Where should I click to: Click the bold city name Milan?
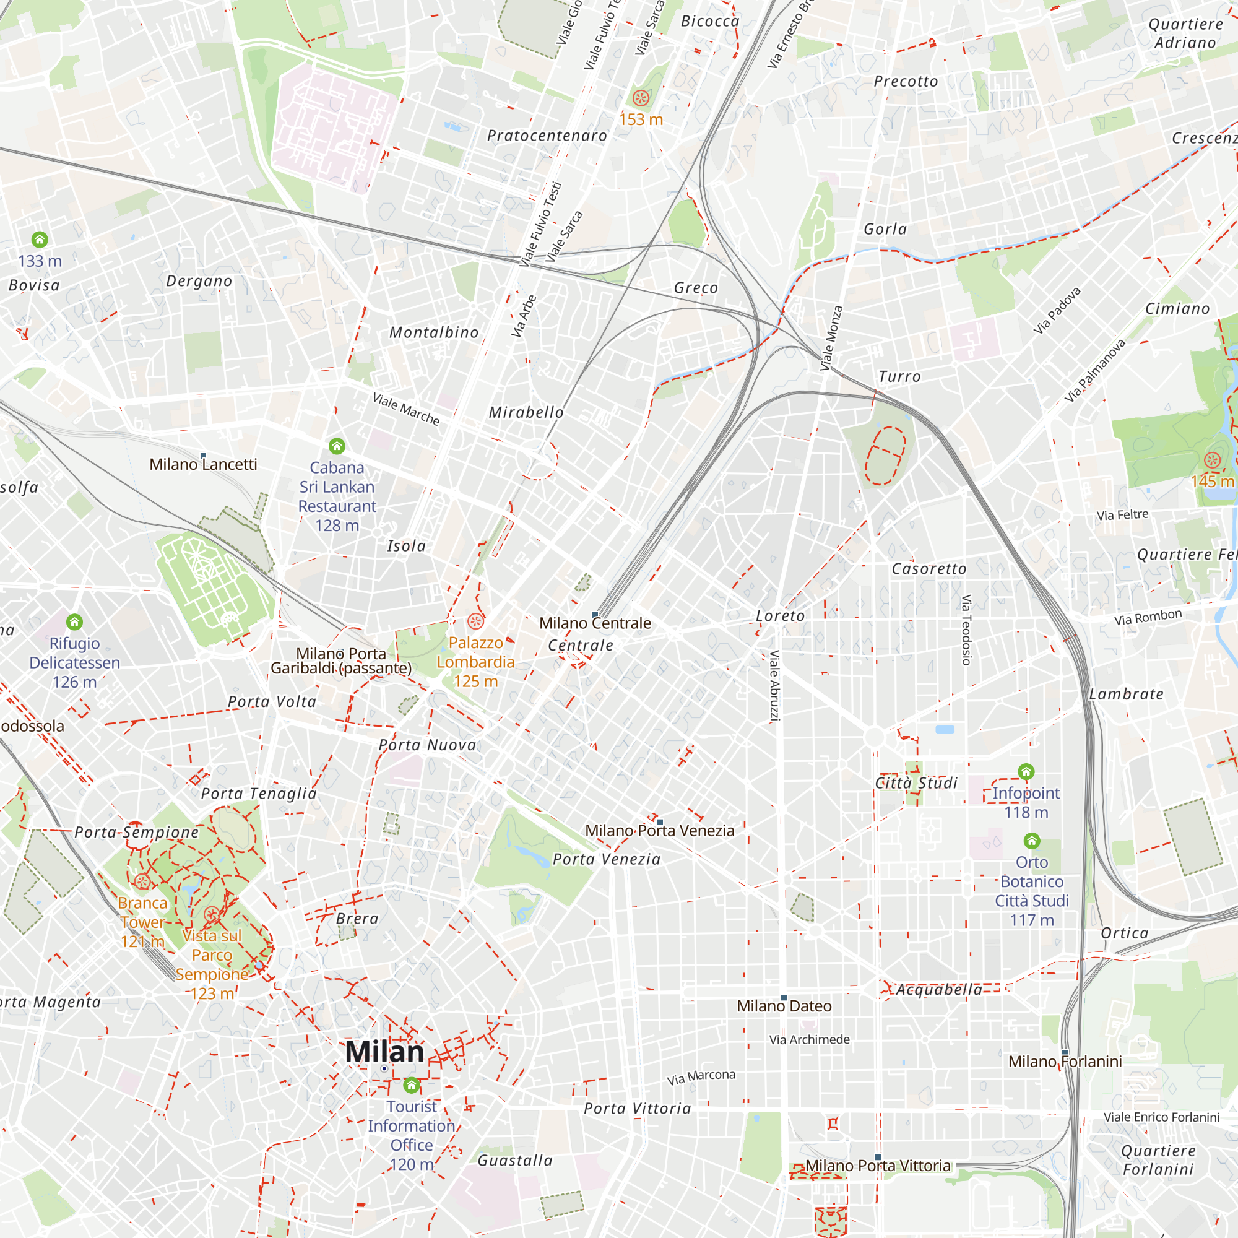[384, 1052]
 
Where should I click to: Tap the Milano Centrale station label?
[595, 623]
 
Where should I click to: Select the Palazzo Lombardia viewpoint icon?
[475, 621]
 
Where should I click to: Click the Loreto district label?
[780, 616]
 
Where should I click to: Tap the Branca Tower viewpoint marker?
[142, 881]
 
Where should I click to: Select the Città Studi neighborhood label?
[916, 783]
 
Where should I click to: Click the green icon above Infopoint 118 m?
[1026, 771]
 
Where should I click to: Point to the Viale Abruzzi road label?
[774, 686]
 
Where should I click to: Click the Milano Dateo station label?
[784, 1006]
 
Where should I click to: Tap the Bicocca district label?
[710, 21]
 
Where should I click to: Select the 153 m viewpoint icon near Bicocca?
[641, 98]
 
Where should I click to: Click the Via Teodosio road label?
[966, 630]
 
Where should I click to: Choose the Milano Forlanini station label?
[1065, 1062]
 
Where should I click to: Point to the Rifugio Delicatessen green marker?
[75, 621]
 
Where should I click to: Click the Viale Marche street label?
[406, 409]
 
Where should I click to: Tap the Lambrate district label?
[1126, 694]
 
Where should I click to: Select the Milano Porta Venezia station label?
[659, 831]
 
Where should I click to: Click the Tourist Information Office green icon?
[412, 1086]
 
